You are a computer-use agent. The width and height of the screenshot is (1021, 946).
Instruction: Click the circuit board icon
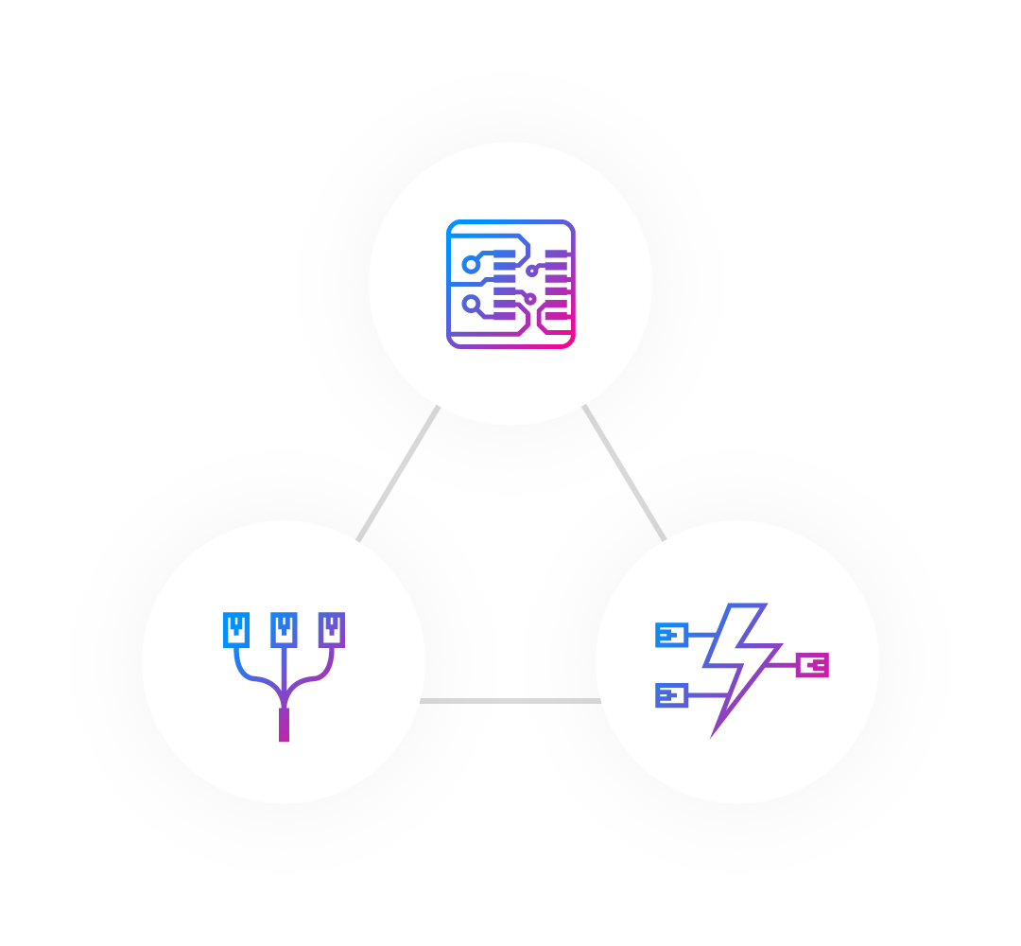(510, 284)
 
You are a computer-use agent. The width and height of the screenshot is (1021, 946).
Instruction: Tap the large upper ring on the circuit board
(471, 265)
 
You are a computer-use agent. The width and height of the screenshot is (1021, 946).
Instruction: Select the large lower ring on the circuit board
(471, 304)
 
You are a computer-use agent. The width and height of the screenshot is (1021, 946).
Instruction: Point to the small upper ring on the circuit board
(532, 272)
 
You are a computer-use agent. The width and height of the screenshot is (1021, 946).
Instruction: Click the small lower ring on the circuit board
(530, 299)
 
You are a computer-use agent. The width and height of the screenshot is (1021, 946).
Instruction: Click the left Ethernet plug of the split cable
(236, 629)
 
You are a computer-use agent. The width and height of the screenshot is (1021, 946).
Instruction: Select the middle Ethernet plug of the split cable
(284, 629)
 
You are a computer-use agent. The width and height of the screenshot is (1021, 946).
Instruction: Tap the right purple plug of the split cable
(332, 629)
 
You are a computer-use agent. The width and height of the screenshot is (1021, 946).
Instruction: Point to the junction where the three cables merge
(284, 700)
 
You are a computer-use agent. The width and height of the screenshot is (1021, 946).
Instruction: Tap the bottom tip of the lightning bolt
(714, 733)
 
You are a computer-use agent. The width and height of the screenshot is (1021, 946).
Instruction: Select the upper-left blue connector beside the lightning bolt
(671, 635)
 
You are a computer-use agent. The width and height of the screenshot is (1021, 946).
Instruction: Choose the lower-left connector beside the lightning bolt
(671, 695)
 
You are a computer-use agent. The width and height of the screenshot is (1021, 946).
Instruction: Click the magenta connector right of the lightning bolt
(813, 665)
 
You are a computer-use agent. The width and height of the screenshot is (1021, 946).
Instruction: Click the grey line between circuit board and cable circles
(399, 473)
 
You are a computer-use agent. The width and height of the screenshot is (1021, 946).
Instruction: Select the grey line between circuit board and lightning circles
(625, 472)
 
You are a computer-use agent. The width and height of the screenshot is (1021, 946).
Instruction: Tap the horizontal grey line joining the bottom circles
(510, 701)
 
